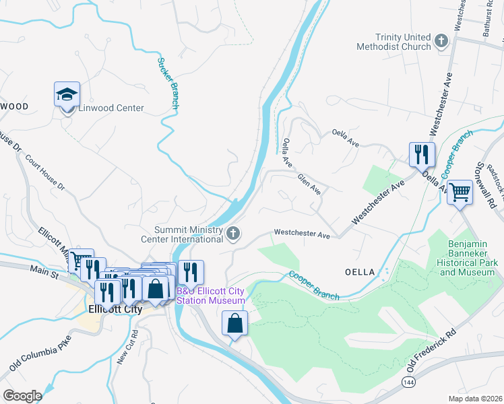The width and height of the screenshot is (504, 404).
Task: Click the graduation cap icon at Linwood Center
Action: click(67, 95)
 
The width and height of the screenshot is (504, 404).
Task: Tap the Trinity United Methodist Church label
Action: click(394, 42)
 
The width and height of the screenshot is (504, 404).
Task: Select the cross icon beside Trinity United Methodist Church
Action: click(441, 42)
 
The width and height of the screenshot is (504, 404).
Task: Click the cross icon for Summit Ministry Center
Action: click(233, 234)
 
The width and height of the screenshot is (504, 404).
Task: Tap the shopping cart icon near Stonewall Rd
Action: click(460, 193)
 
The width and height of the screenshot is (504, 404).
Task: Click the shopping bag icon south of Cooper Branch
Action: click(234, 324)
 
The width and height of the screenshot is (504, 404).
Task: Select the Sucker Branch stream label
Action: click(168, 83)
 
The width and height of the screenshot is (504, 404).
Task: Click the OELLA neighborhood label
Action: click(359, 271)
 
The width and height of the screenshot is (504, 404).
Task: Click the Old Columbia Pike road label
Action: click(40, 353)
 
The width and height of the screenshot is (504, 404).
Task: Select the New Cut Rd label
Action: click(127, 347)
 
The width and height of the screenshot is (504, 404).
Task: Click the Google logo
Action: click(22, 395)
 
